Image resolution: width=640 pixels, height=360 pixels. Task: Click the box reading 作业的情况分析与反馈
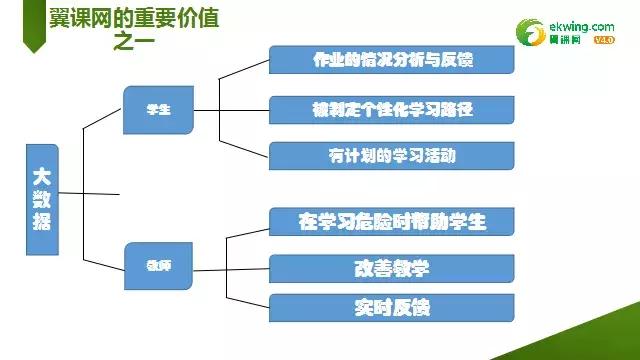click(x=392, y=59)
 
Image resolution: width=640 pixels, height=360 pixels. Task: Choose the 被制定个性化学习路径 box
click(x=392, y=107)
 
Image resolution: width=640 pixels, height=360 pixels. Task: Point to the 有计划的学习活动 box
click(x=392, y=155)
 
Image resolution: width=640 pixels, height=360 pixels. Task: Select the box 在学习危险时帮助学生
click(x=392, y=220)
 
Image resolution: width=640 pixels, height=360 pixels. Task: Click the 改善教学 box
click(x=392, y=269)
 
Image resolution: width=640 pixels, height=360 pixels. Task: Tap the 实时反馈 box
click(x=392, y=308)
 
